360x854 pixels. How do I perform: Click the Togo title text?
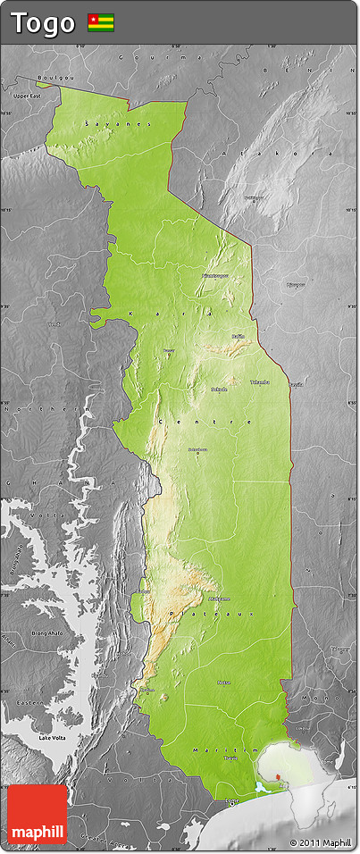43,23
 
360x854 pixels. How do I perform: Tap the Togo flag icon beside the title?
101,23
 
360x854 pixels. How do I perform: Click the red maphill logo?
38,815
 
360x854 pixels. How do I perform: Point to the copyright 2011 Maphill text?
320,842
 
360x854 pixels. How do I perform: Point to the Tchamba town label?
259,381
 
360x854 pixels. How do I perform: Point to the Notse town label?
223,682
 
